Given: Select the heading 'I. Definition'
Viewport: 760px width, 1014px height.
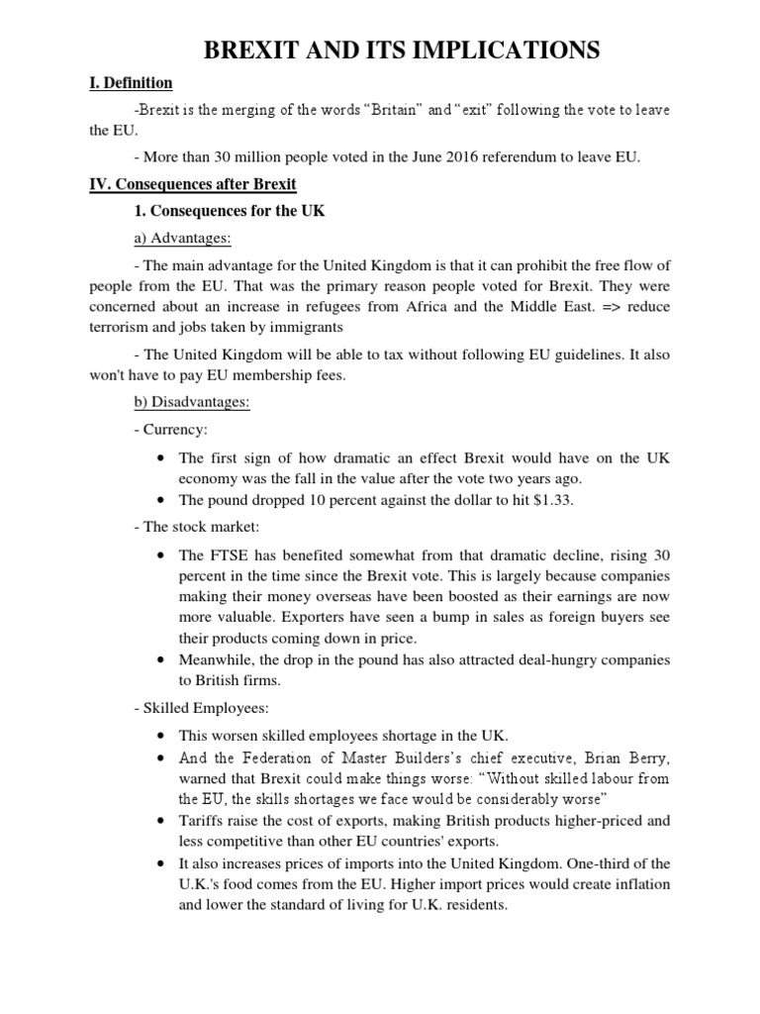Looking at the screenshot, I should pyautogui.click(x=131, y=83).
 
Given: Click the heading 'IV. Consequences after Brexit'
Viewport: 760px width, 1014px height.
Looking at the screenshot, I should pyautogui.click(x=193, y=184).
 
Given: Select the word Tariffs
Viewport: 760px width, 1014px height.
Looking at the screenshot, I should pyautogui.click(x=201, y=821).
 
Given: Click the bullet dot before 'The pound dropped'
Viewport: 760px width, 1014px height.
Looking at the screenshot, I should pyautogui.click(x=160, y=500).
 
